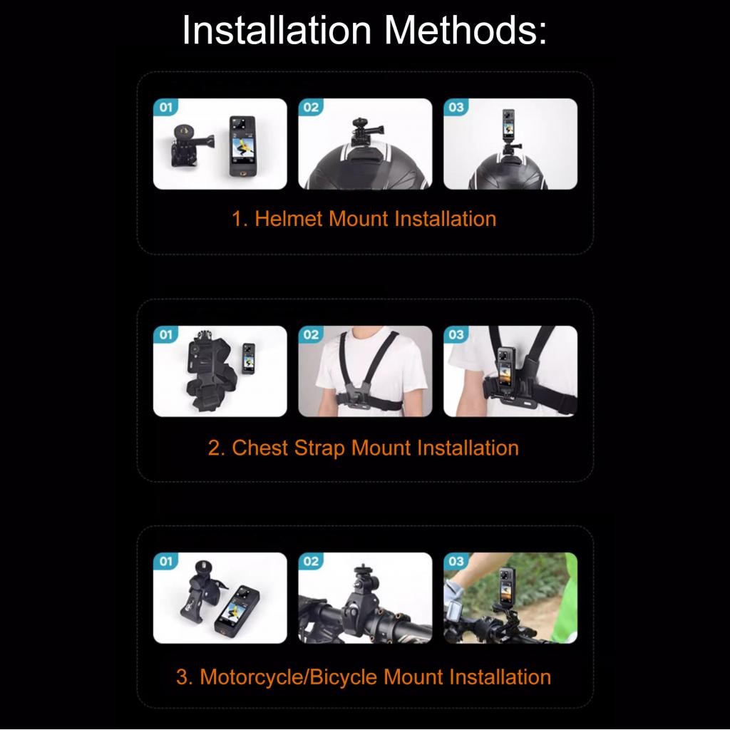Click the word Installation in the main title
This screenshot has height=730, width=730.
[277, 29]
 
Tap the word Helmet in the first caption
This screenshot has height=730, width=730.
[289, 218]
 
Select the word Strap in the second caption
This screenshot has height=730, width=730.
[319, 448]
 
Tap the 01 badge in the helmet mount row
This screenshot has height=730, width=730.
[165, 108]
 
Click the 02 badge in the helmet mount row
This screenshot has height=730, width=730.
[311, 108]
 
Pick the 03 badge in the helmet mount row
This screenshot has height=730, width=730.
[456, 108]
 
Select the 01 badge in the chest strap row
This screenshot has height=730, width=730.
[165, 335]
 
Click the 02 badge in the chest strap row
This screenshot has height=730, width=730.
[311, 335]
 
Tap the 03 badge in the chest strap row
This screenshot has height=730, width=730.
[456, 335]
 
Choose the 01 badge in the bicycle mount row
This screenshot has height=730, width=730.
[165, 562]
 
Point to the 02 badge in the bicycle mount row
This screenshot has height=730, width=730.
[311, 562]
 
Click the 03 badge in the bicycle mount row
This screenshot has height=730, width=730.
[456, 562]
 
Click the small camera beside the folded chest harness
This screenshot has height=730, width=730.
[249, 358]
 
